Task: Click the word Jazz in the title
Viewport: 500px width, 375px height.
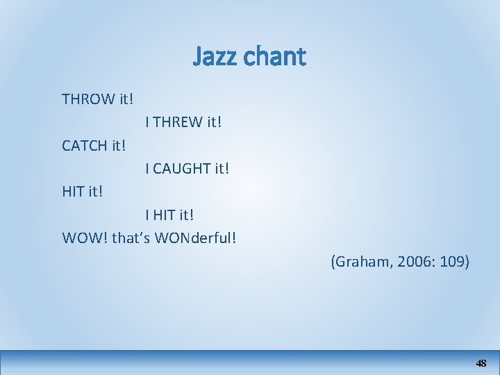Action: click(215, 56)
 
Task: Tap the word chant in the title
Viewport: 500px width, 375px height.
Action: click(275, 56)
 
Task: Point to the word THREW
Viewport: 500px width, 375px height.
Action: click(178, 123)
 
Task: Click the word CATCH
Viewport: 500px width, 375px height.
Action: click(84, 146)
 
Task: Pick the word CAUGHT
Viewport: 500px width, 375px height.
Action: click(183, 168)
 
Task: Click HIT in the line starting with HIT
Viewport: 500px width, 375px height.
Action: click(73, 191)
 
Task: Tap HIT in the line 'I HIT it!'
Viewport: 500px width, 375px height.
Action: click(165, 214)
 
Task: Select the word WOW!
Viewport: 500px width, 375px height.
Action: click(85, 237)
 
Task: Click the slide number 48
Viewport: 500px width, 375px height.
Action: click(481, 363)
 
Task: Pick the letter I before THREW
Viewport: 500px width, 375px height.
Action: click(147, 123)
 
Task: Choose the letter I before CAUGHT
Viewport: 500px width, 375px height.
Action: click(147, 168)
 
